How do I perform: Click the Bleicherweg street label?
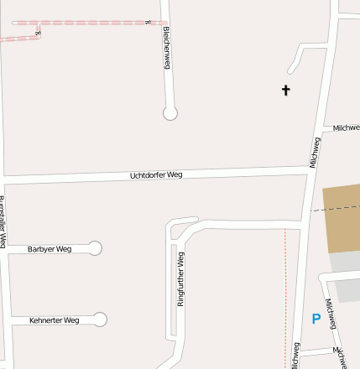pyautogui.click(x=167, y=47)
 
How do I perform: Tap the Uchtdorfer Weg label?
pyautogui.click(x=156, y=175)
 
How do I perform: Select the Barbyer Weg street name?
pyautogui.click(x=50, y=249)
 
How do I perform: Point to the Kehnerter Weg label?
pyautogui.click(x=54, y=320)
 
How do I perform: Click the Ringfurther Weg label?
pyautogui.click(x=180, y=278)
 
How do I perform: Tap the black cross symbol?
pyautogui.click(x=285, y=90)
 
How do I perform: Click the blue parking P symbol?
pyautogui.click(x=316, y=319)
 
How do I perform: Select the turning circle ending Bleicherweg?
pyautogui.click(x=170, y=113)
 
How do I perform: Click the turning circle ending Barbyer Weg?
pyautogui.click(x=95, y=248)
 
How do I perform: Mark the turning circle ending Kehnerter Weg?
pyautogui.click(x=101, y=320)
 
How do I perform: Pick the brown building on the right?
pyautogui.click(x=342, y=218)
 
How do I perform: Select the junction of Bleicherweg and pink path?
pyautogui.click(x=164, y=23)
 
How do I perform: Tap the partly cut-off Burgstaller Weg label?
pyautogui.click(x=3, y=222)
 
